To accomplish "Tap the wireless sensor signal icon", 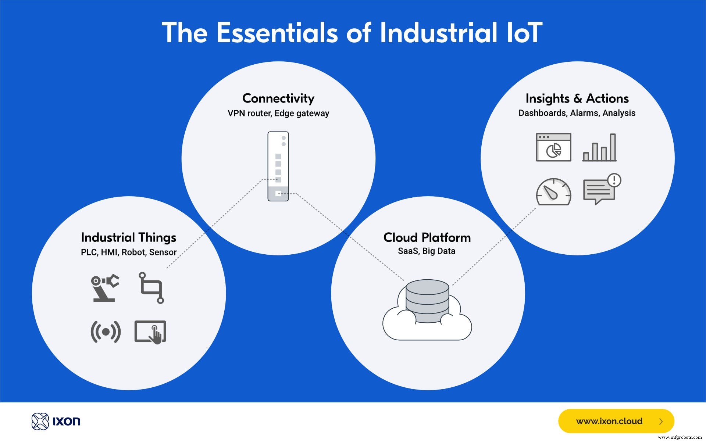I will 106,332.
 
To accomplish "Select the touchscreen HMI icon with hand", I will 150,332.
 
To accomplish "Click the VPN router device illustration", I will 278,166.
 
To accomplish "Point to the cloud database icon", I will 427,309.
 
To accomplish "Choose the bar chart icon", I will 599,148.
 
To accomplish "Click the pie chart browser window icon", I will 553,147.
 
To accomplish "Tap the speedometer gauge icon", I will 553,192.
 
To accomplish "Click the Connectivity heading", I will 278,98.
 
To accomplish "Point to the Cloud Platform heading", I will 427,237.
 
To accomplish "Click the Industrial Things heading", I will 129,237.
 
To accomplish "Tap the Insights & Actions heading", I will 577,98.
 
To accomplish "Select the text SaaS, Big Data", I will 427,251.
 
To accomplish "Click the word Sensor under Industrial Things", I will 163,252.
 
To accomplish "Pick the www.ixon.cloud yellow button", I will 616,421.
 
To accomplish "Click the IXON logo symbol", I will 40,421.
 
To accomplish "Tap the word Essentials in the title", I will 277,33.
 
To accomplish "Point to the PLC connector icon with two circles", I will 151,288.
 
